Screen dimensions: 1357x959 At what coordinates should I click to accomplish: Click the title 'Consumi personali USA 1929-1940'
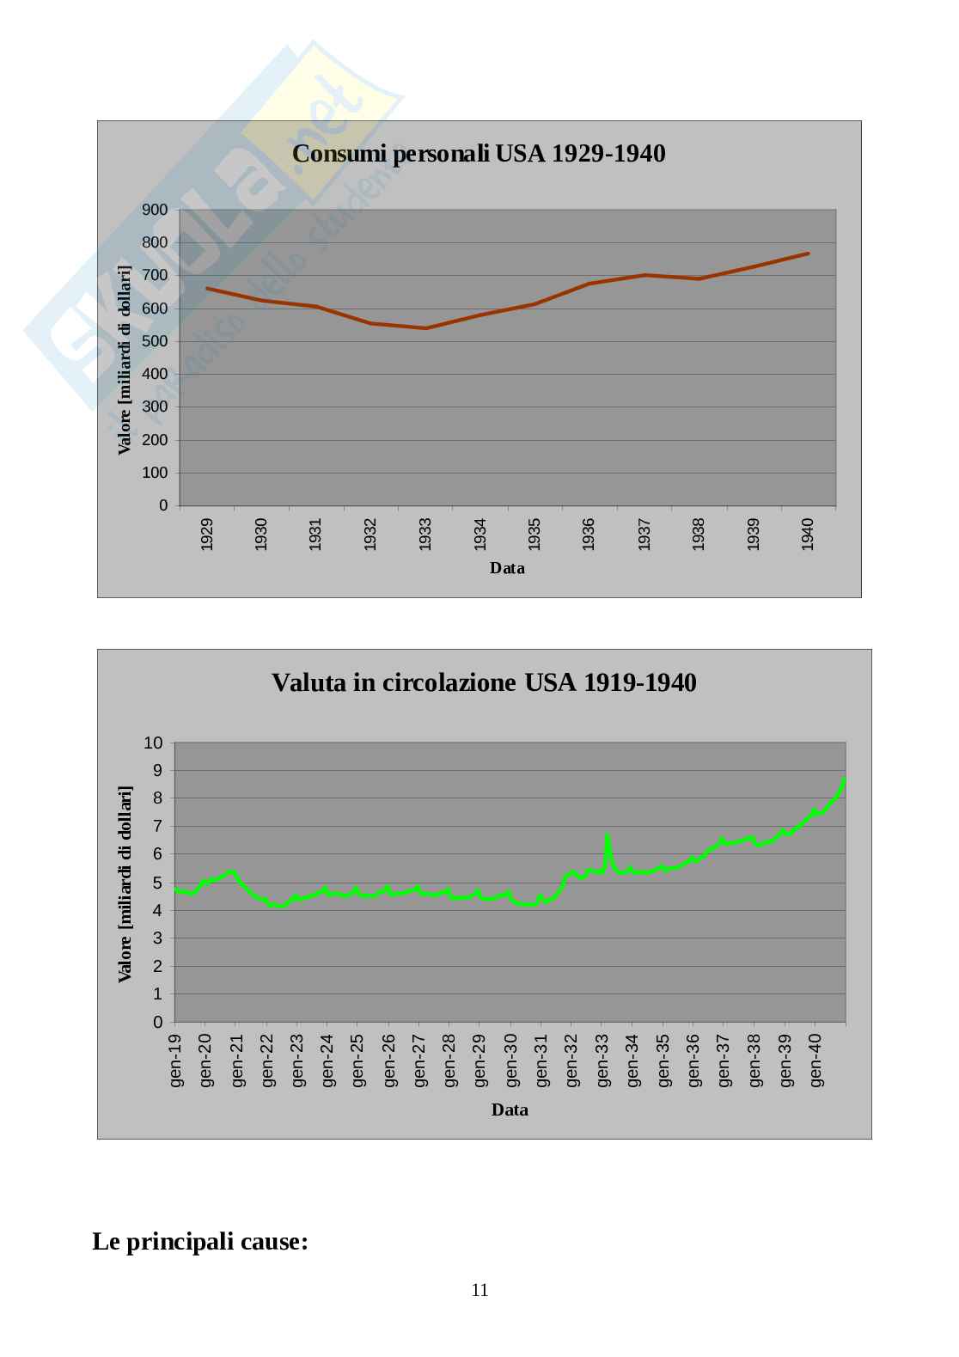pos(479,154)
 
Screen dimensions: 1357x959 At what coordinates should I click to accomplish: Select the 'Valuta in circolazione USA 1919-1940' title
pos(484,682)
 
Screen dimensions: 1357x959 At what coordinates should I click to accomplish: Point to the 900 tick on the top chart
pos(155,210)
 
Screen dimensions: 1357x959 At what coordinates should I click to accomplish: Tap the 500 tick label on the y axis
pos(155,341)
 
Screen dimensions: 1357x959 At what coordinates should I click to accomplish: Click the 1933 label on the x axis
pos(425,534)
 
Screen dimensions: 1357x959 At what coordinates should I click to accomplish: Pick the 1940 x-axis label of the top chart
pos(808,534)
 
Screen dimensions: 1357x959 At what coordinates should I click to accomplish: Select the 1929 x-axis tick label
pos(207,534)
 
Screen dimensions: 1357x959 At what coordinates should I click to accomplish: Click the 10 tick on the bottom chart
pos(153,743)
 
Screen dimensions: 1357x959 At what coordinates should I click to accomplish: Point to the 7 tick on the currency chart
pos(157,827)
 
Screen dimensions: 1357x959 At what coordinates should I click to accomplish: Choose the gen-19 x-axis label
pos(177,1060)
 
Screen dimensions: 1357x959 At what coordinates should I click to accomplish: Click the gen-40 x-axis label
pos(816,1060)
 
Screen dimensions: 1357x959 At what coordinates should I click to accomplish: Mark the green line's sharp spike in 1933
pos(607,835)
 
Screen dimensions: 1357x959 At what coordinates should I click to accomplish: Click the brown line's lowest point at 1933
pos(425,328)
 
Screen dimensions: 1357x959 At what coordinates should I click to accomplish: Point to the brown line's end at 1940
pos(808,254)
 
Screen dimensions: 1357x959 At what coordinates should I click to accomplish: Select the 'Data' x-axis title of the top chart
pos(507,568)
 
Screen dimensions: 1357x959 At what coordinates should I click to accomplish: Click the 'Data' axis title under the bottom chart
pos(510,1109)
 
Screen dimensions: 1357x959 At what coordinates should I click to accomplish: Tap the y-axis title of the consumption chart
pos(125,359)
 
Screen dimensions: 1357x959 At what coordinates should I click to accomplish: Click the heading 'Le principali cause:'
pos(200,1242)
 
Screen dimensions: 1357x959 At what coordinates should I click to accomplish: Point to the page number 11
pos(479,1289)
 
